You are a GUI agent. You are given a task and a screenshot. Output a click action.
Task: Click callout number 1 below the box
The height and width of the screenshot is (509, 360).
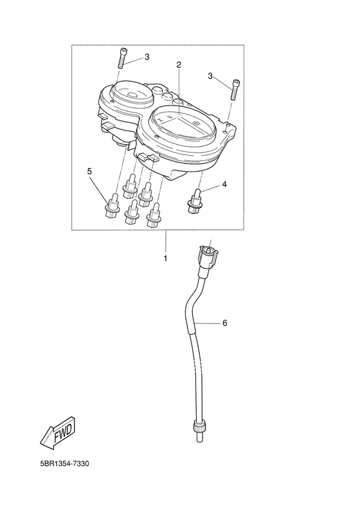tap(165, 259)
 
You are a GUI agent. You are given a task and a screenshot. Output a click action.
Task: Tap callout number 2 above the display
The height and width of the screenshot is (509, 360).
tap(179, 64)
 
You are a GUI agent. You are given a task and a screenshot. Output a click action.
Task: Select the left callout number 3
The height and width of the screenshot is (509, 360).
tap(147, 57)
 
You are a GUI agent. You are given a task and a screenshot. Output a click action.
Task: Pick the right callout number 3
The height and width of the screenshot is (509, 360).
tap(210, 77)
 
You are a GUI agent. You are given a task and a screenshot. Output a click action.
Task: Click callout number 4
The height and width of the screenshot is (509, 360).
tap(224, 185)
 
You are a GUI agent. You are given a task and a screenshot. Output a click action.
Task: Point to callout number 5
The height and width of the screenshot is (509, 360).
tap(89, 171)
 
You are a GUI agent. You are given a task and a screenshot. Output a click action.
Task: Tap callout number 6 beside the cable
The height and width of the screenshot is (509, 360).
tap(225, 323)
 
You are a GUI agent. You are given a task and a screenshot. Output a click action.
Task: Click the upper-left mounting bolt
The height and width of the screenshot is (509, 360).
tap(122, 58)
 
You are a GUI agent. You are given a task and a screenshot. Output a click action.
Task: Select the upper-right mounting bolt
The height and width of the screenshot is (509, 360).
tap(235, 90)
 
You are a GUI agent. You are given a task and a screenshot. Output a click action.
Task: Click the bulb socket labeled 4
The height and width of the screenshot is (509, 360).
tap(194, 201)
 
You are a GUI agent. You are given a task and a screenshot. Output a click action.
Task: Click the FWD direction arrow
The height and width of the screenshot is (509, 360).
tap(59, 433)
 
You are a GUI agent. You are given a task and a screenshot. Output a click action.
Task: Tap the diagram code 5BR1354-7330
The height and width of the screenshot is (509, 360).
tap(64, 463)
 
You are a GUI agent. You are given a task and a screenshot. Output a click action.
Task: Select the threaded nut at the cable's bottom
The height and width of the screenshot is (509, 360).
tap(199, 425)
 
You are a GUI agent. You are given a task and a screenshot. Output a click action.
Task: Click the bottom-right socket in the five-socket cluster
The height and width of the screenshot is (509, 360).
tap(154, 215)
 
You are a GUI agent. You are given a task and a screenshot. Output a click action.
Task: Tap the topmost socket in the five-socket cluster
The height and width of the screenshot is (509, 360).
tap(130, 187)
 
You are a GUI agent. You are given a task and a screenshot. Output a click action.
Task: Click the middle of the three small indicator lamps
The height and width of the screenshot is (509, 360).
tap(167, 96)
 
